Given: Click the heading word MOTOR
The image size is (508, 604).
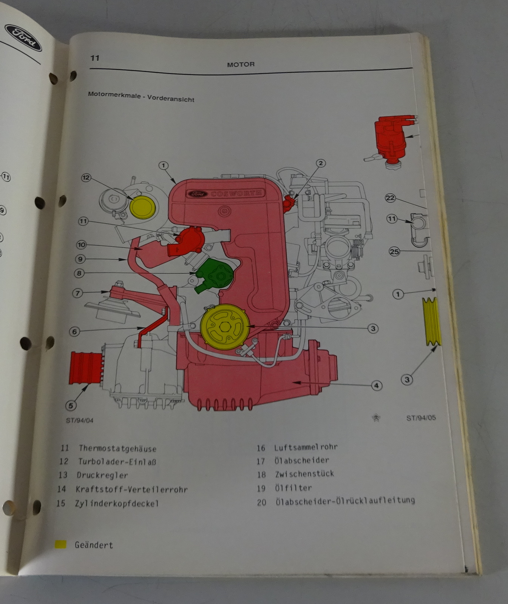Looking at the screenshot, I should pyautogui.click(x=241, y=65).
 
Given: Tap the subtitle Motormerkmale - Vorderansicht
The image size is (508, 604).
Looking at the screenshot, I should pyautogui.click(x=141, y=97).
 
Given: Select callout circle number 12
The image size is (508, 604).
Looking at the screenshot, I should pyautogui.click(x=86, y=177).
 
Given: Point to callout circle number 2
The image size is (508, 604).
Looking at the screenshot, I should pyautogui.click(x=320, y=163).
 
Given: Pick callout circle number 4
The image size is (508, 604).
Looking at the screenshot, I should pyautogui.click(x=376, y=385).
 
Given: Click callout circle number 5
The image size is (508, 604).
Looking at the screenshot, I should pyautogui.click(x=71, y=405).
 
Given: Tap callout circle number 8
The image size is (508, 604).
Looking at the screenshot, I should pyautogui.click(x=79, y=273).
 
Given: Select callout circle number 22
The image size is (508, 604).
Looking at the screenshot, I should pyautogui.click(x=390, y=198).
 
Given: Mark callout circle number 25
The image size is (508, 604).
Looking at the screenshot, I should pyautogui.click(x=394, y=251).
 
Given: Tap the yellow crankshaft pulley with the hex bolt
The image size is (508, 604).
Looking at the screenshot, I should pyautogui.click(x=225, y=327).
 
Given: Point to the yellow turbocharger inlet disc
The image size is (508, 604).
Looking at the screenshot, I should pyautogui.click(x=142, y=207).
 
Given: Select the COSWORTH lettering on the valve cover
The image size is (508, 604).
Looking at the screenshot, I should pyautogui.click(x=236, y=194).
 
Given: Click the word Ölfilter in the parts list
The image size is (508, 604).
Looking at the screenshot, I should pyautogui.click(x=293, y=488).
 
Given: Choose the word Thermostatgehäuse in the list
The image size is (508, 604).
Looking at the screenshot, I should pyautogui.click(x=117, y=448).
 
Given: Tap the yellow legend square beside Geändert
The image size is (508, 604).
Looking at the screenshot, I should pyautogui.click(x=60, y=544).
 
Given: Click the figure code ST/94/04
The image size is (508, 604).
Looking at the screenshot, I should pyautogui.click(x=79, y=420).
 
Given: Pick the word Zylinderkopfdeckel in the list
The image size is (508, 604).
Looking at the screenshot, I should pyautogui.click(x=117, y=503).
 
